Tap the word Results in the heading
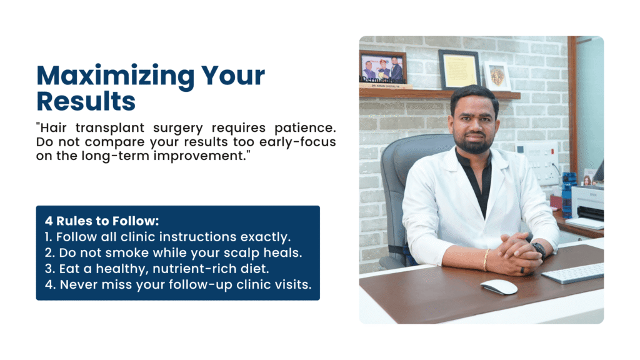[86, 101]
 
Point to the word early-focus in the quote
[301, 142]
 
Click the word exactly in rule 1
[269, 237]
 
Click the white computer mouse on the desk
[499, 286]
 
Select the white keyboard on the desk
[572, 272]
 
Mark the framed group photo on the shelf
[382, 67]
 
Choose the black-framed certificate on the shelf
[459, 69]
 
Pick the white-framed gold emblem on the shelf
[497, 76]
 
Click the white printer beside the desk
[587, 203]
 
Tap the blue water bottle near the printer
[566, 191]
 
